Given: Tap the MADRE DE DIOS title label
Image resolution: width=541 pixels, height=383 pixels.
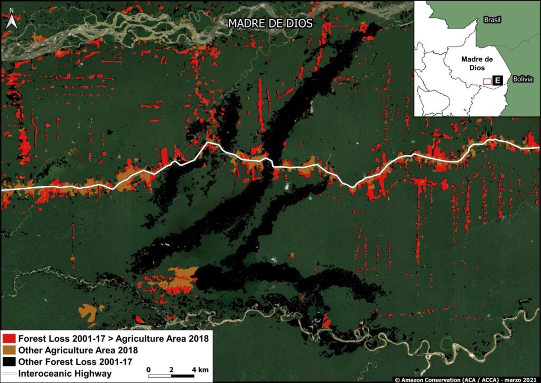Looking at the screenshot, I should [x=269, y=23].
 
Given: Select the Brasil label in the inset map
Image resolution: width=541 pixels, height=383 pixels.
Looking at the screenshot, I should [x=492, y=20].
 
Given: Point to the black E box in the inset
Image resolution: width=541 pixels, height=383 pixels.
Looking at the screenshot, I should [x=497, y=80].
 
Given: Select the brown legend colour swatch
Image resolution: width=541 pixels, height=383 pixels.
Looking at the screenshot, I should [x=9, y=350].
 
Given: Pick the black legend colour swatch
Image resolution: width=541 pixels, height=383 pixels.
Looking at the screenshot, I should [x=9, y=362].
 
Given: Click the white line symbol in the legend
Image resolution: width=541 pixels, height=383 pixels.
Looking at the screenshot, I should [x=9, y=374].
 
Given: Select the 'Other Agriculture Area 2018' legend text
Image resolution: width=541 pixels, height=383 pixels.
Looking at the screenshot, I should [x=78, y=350].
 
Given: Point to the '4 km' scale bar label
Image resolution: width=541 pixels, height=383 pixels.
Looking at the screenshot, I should [x=200, y=369].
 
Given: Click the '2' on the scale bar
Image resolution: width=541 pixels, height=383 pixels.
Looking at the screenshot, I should [x=172, y=369].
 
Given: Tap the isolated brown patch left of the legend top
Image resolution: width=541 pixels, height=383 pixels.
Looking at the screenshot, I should [x=90, y=311].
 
